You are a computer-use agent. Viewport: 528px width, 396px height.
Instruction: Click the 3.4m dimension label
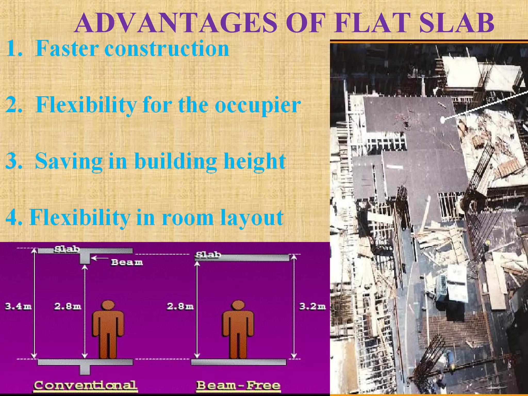pyautogui.click(x=18, y=307)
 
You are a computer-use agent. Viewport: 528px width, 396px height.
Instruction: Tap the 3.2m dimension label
pyautogui.click(x=312, y=307)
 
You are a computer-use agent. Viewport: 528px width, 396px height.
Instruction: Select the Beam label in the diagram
pyautogui.click(x=127, y=262)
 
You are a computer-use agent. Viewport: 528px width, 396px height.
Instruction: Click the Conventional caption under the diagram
pyautogui.click(x=85, y=386)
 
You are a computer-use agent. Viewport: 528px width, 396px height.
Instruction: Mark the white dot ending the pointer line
pyautogui.click(x=442, y=119)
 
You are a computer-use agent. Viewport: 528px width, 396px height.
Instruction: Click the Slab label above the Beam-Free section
pyautogui.click(x=208, y=255)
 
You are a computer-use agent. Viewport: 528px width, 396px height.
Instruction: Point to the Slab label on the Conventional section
pyautogui.click(x=67, y=249)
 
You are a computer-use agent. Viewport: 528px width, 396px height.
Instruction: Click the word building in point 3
pyautogui.click(x=175, y=161)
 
